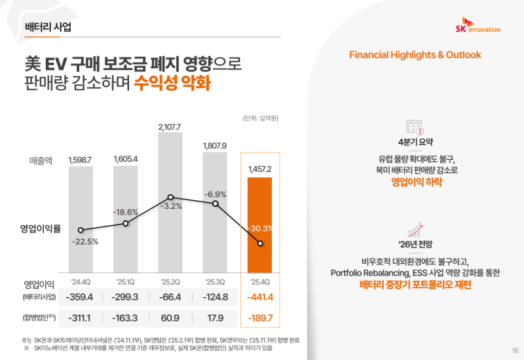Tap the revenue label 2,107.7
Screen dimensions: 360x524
[170, 127]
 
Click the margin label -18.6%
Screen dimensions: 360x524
[125, 212]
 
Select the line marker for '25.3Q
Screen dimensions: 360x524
[215, 204]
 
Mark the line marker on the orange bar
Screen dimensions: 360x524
[261, 243]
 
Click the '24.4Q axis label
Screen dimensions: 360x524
[80, 283]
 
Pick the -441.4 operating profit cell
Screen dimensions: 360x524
[261, 298]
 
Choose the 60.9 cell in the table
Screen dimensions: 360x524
[170, 318]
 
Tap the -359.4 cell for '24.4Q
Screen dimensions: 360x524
[80, 298]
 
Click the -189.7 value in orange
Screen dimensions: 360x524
[261, 318]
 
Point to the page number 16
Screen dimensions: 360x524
[515, 350]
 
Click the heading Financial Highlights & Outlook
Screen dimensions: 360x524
[415, 55]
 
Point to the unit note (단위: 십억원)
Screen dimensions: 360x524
[260, 118]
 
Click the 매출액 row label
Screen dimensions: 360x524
[42, 160]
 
